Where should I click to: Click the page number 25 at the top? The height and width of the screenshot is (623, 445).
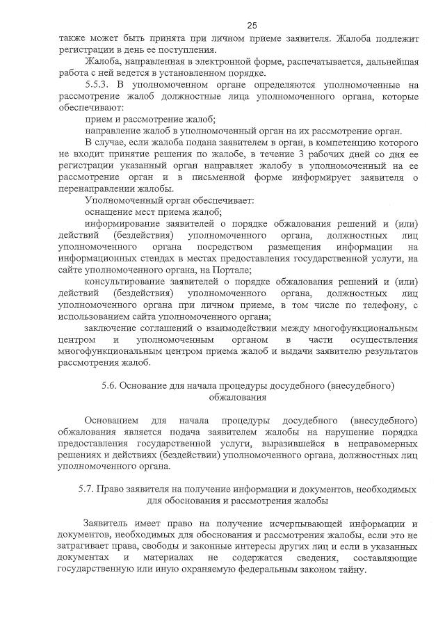(x=222, y=24)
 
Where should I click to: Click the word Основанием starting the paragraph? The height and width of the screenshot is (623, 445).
(x=111, y=421)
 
